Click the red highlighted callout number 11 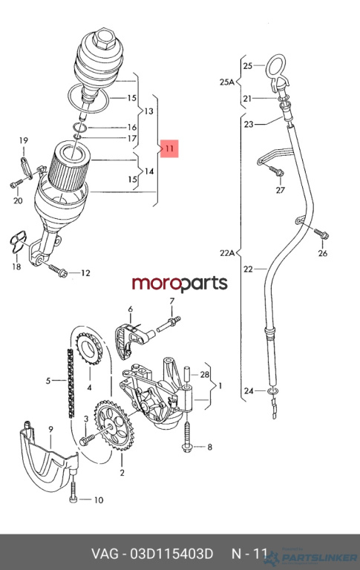[169, 148]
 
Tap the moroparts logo [180, 284]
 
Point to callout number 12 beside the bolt [85, 272]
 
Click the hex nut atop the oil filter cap [102, 39]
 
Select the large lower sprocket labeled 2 [114, 425]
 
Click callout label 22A [227, 252]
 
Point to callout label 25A [227, 82]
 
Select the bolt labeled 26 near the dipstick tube [321, 233]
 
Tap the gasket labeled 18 [17, 243]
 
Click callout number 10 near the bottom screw [99, 500]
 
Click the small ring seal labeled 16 [79, 128]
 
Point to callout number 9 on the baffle [50, 429]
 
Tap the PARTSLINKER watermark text [320, 557]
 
